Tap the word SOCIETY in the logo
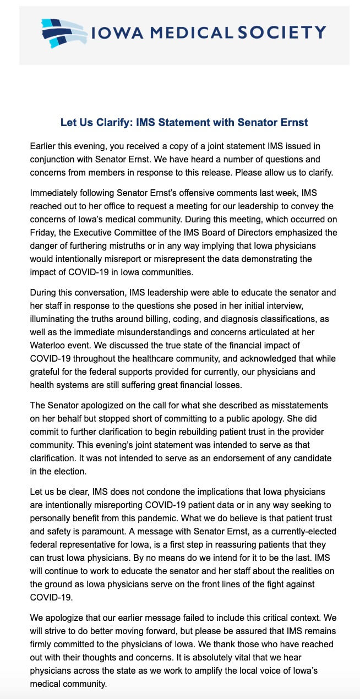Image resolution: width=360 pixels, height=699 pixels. (282, 33)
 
